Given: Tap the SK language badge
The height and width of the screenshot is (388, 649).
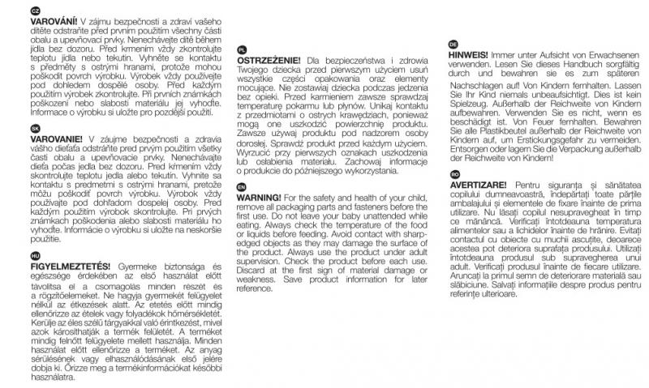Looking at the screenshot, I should tap(11, 129).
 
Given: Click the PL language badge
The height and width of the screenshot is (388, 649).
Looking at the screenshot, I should tap(242, 49).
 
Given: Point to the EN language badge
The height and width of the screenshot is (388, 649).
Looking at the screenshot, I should tap(241, 185).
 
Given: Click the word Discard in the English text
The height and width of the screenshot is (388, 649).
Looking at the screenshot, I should tap(249, 272).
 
